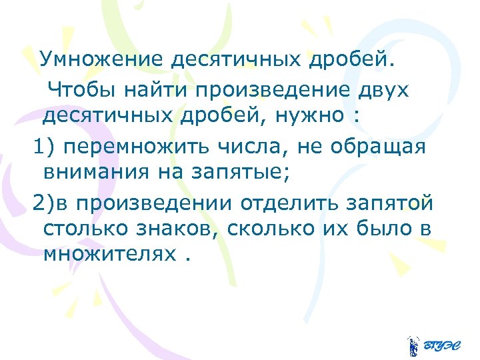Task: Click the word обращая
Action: coord(375,146)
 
